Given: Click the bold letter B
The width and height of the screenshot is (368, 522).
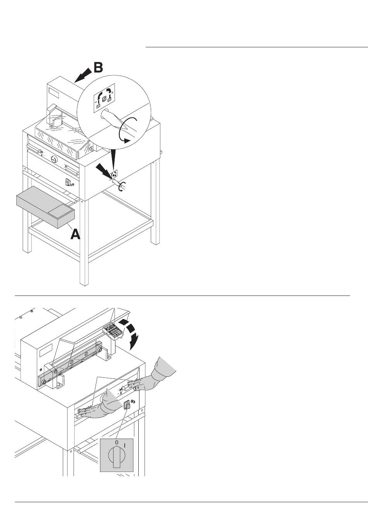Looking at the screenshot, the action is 98,67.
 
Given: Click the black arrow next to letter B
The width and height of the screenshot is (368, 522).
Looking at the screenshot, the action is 83,75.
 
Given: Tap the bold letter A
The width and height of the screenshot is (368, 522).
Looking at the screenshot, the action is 76,234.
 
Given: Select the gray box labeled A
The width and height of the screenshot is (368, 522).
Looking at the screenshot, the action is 46,207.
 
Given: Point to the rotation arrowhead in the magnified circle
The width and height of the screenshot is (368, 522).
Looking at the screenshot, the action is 127,140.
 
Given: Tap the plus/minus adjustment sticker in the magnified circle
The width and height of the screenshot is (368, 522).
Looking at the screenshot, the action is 104,98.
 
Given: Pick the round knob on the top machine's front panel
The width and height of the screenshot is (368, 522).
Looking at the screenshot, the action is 54,159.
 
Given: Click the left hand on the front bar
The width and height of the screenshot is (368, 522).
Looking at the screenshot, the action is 100,405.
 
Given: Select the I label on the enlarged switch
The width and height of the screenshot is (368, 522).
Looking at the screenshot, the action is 125,446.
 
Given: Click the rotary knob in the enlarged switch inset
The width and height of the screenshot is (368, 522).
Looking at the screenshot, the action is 117,456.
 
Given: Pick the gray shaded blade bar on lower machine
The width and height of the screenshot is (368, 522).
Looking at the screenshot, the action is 70,365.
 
